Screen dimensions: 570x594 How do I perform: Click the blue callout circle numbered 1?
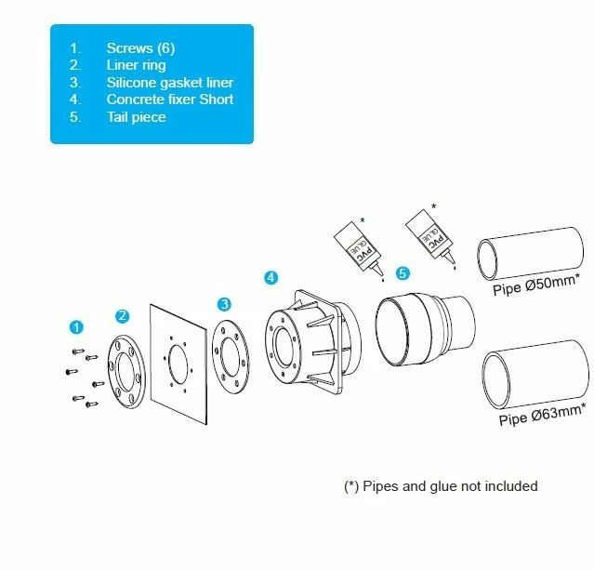(77, 326)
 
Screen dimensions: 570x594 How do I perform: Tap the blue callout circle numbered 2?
(122, 316)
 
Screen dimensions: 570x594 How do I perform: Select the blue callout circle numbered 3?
(224, 304)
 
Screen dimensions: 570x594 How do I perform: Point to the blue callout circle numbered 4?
(271, 277)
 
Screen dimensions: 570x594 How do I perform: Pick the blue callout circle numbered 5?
(402, 272)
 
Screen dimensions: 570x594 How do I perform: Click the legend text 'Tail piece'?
(137, 117)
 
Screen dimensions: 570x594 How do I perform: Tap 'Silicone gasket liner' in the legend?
(169, 82)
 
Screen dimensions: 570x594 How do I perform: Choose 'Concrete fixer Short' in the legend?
(170, 99)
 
